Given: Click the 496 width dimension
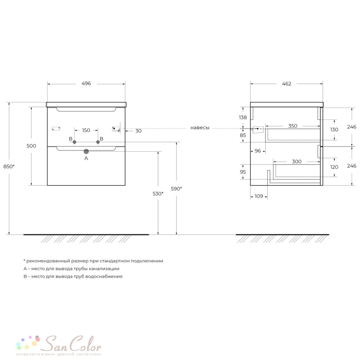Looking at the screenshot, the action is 86,84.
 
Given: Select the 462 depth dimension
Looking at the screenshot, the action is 287,84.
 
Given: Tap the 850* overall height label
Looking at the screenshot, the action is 9,166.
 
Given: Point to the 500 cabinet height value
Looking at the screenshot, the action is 31,146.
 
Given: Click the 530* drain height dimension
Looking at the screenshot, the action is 158,194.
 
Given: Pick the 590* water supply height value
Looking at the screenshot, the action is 176,189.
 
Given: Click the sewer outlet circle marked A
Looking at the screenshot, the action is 86,151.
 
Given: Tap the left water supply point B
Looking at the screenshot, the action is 75,142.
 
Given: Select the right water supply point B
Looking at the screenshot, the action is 98,142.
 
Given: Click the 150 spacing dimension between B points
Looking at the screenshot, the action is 86,130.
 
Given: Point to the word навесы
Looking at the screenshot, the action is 200,128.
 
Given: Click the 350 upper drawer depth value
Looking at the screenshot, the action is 293,126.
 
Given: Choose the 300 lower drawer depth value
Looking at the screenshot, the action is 297,162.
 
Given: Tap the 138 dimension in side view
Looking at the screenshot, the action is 243,117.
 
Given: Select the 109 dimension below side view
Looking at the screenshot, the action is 259,196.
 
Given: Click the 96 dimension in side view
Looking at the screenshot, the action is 258,151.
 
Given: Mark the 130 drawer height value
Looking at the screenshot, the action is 334,130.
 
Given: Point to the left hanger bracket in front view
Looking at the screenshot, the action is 56,129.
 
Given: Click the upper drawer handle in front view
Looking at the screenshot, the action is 86,110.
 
